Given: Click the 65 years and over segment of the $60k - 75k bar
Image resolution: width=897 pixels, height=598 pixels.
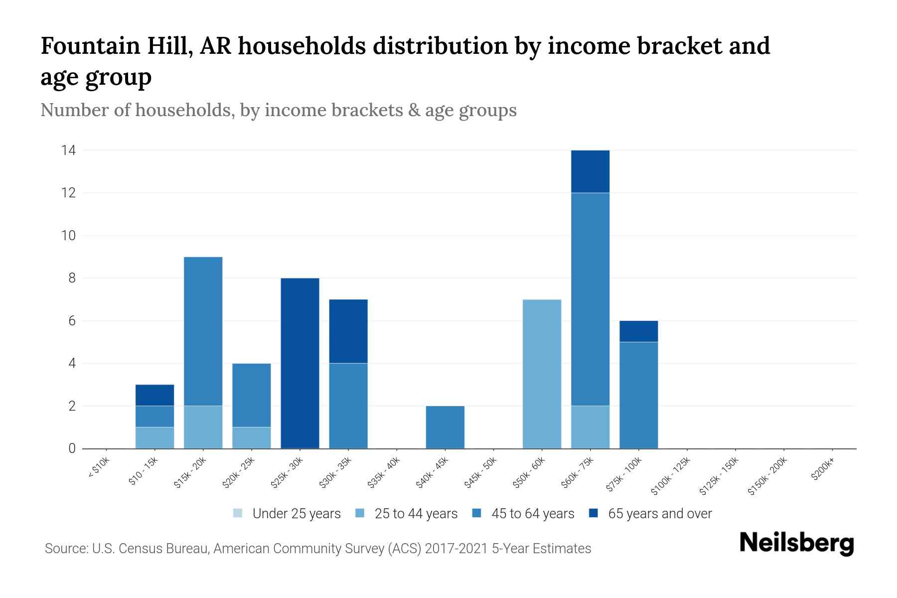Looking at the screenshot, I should tap(590, 171).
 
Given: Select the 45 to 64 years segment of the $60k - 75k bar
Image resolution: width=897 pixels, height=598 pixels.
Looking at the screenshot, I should tap(590, 299).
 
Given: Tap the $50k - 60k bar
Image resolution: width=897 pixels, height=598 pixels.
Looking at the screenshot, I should tap(542, 374).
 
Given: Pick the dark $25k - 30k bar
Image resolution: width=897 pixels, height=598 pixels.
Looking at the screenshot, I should tap(300, 363).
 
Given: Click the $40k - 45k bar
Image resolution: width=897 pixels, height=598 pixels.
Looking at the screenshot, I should tap(445, 427).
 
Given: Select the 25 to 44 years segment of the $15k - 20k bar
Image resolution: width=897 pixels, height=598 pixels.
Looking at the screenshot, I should tap(203, 427).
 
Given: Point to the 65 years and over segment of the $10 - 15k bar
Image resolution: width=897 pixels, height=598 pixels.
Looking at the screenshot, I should tap(154, 395).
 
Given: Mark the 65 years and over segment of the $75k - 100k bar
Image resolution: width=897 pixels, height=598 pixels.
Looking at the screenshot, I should tap(638, 331).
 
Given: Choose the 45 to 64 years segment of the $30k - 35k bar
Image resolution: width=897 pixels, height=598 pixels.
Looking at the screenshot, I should tap(348, 406).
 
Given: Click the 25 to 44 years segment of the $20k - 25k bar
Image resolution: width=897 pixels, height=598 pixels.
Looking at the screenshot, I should tap(251, 438).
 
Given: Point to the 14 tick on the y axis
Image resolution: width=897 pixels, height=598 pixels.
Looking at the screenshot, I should tap(68, 150).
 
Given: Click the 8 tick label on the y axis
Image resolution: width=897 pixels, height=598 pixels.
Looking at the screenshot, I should tap(72, 278).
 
